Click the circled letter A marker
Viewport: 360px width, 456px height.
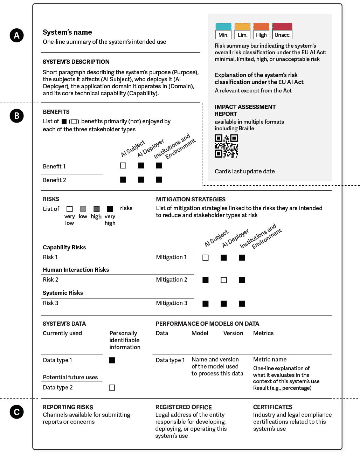point(16,35)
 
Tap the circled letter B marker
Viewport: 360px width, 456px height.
point(16,116)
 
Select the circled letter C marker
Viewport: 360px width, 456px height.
point(16,412)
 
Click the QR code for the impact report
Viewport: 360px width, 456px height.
point(226,146)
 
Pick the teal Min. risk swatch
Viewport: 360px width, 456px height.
point(223,27)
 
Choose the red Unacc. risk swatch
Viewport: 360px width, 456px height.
point(282,27)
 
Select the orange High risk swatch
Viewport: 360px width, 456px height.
point(261,27)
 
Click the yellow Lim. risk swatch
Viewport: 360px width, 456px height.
point(242,27)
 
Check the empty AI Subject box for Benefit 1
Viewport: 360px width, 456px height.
point(123,166)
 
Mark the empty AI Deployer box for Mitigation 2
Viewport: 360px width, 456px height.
point(224,280)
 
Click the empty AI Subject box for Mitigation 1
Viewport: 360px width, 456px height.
point(206,258)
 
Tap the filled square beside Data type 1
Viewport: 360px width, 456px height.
point(112,360)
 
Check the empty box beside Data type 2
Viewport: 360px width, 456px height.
point(112,388)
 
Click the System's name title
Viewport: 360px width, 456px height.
point(67,32)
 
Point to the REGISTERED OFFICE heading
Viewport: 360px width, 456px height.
point(184,407)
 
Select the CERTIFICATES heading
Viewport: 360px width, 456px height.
point(273,407)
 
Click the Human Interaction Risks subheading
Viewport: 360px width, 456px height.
point(76,270)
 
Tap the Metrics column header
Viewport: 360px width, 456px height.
point(263,333)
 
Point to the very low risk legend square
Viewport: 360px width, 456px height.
point(70,209)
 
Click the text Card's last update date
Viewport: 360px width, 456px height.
point(244,171)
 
